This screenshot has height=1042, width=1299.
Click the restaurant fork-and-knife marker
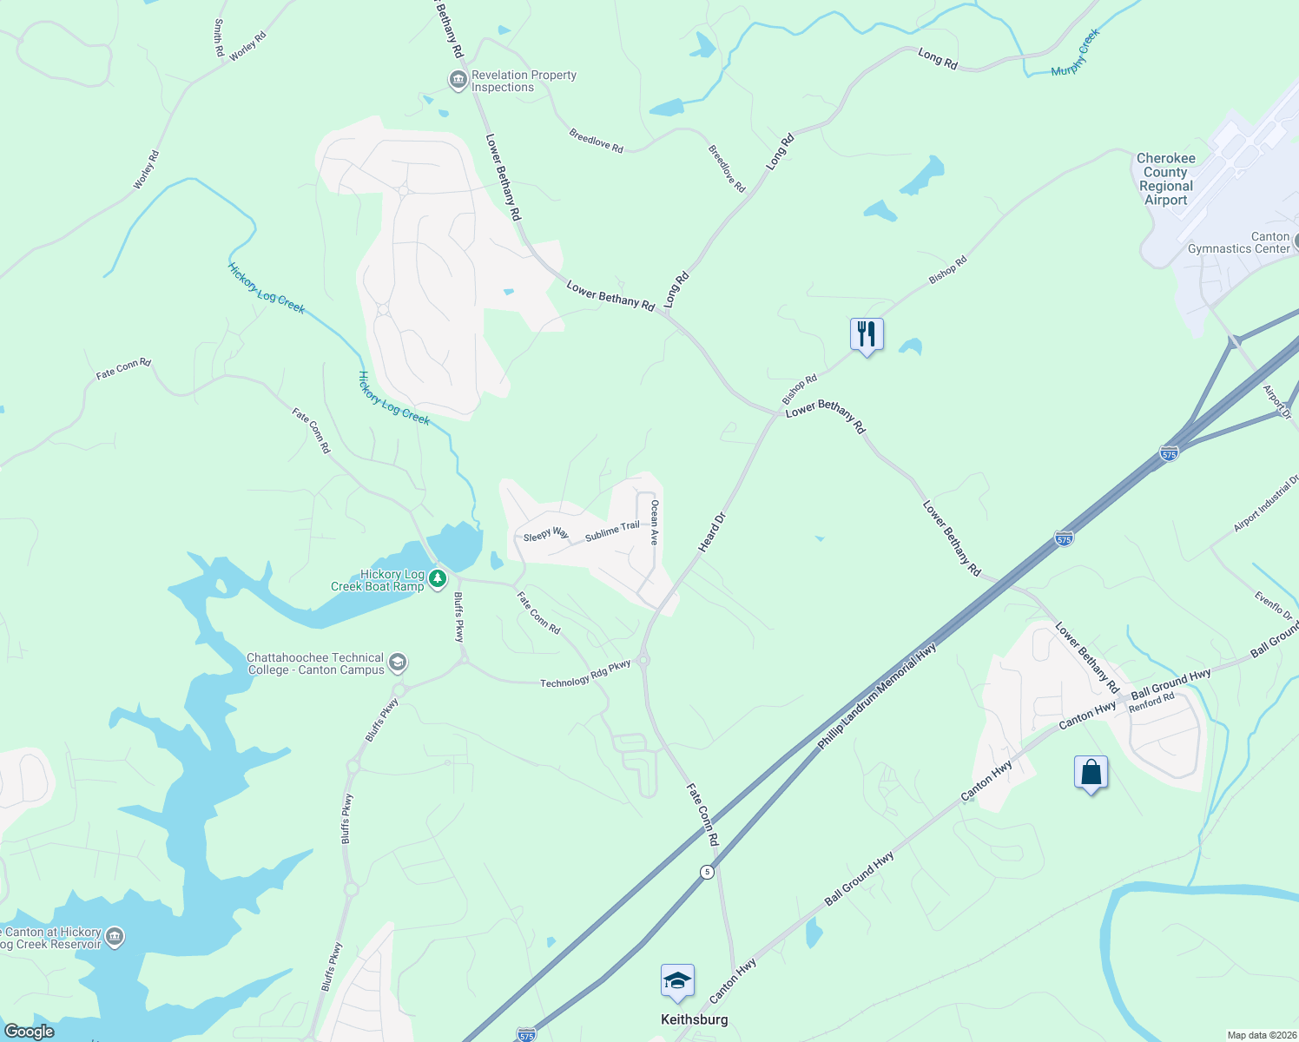tap(867, 334)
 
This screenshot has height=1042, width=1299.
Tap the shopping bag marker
tap(1091, 772)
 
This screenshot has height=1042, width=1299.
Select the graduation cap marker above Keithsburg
tap(677, 982)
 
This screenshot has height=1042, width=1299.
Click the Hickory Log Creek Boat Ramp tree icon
tap(438, 578)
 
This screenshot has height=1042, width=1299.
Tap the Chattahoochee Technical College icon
tap(398, 663)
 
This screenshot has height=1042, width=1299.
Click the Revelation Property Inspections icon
tap(458, 81)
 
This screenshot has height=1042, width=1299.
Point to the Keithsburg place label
tap(694, 1019)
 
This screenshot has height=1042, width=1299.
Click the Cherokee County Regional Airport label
tap(1165, 179)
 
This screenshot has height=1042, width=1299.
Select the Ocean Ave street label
tap(655, 523)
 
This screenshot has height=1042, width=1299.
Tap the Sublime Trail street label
tap(612, 531)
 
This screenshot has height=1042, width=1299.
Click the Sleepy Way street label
tap(545, 535)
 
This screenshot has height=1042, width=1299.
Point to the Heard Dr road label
tap(711, 532)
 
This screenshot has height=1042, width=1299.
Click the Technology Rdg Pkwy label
tap(585, 675)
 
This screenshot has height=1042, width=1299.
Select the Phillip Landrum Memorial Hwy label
tap(877, 696)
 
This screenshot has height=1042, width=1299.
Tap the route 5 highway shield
tap(708, 872)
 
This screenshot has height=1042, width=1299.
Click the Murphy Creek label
tap(1076, 53)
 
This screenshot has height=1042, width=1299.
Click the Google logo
tap(29, 1032)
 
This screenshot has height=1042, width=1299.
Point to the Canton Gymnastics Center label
tap(1239, 242)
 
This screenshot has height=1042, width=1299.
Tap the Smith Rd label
tap(219, 38)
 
